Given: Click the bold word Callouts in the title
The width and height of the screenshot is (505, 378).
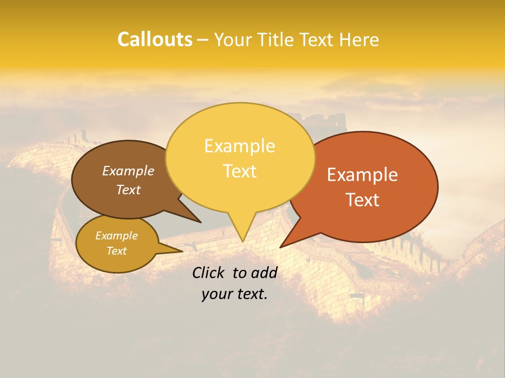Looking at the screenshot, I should coord(155,39).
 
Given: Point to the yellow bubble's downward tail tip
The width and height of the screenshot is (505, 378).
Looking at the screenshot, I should coord(243,241).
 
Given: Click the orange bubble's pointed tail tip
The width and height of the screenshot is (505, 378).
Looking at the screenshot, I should coord(280,247).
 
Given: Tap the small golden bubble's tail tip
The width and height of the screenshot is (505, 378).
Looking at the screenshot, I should coord(181,251).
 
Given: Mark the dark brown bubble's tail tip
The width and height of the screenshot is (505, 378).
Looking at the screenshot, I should coord(201,222).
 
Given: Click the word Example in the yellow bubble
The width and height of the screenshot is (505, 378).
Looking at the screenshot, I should coord(239,146).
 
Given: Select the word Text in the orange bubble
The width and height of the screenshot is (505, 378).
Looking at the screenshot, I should coord(362,200).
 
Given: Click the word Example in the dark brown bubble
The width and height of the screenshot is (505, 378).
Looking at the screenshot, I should coord(128,171).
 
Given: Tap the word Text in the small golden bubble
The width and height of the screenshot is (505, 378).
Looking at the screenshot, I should coord(116,251).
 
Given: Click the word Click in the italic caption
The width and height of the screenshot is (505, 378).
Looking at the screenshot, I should coord(209,272).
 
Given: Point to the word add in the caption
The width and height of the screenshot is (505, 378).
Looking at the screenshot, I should coord(264,272).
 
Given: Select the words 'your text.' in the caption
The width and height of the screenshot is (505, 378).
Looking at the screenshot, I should coord(234,295).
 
